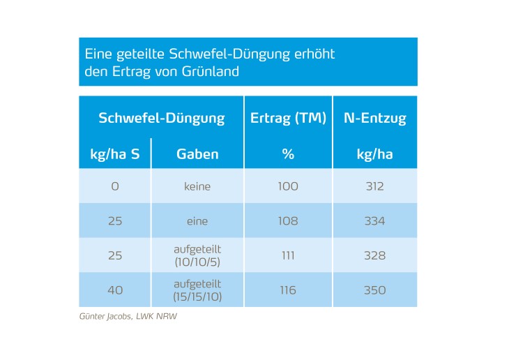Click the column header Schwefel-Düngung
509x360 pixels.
(161, 118)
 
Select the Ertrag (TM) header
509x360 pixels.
(288, 118)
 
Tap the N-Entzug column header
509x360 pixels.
(374, 118)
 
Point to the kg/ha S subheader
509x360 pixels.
(115, 154)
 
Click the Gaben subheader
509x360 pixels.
(197, 154)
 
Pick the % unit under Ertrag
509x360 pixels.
(288, 154)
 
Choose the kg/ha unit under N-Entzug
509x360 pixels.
(374, 154)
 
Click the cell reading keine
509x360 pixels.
(197, 186)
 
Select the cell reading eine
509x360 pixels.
(197, 220)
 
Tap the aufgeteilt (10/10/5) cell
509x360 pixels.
(197, 255)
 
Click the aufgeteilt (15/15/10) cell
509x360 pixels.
(197, 290)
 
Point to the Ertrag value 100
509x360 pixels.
(288, 186)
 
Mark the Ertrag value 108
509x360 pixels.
(288, 220)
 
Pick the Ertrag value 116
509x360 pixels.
(288, 290)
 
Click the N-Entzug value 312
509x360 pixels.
(374, 186)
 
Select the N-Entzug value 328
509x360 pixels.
(374, 255)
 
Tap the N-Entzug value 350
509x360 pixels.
(374, 290)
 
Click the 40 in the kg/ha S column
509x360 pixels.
(115, 290)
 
